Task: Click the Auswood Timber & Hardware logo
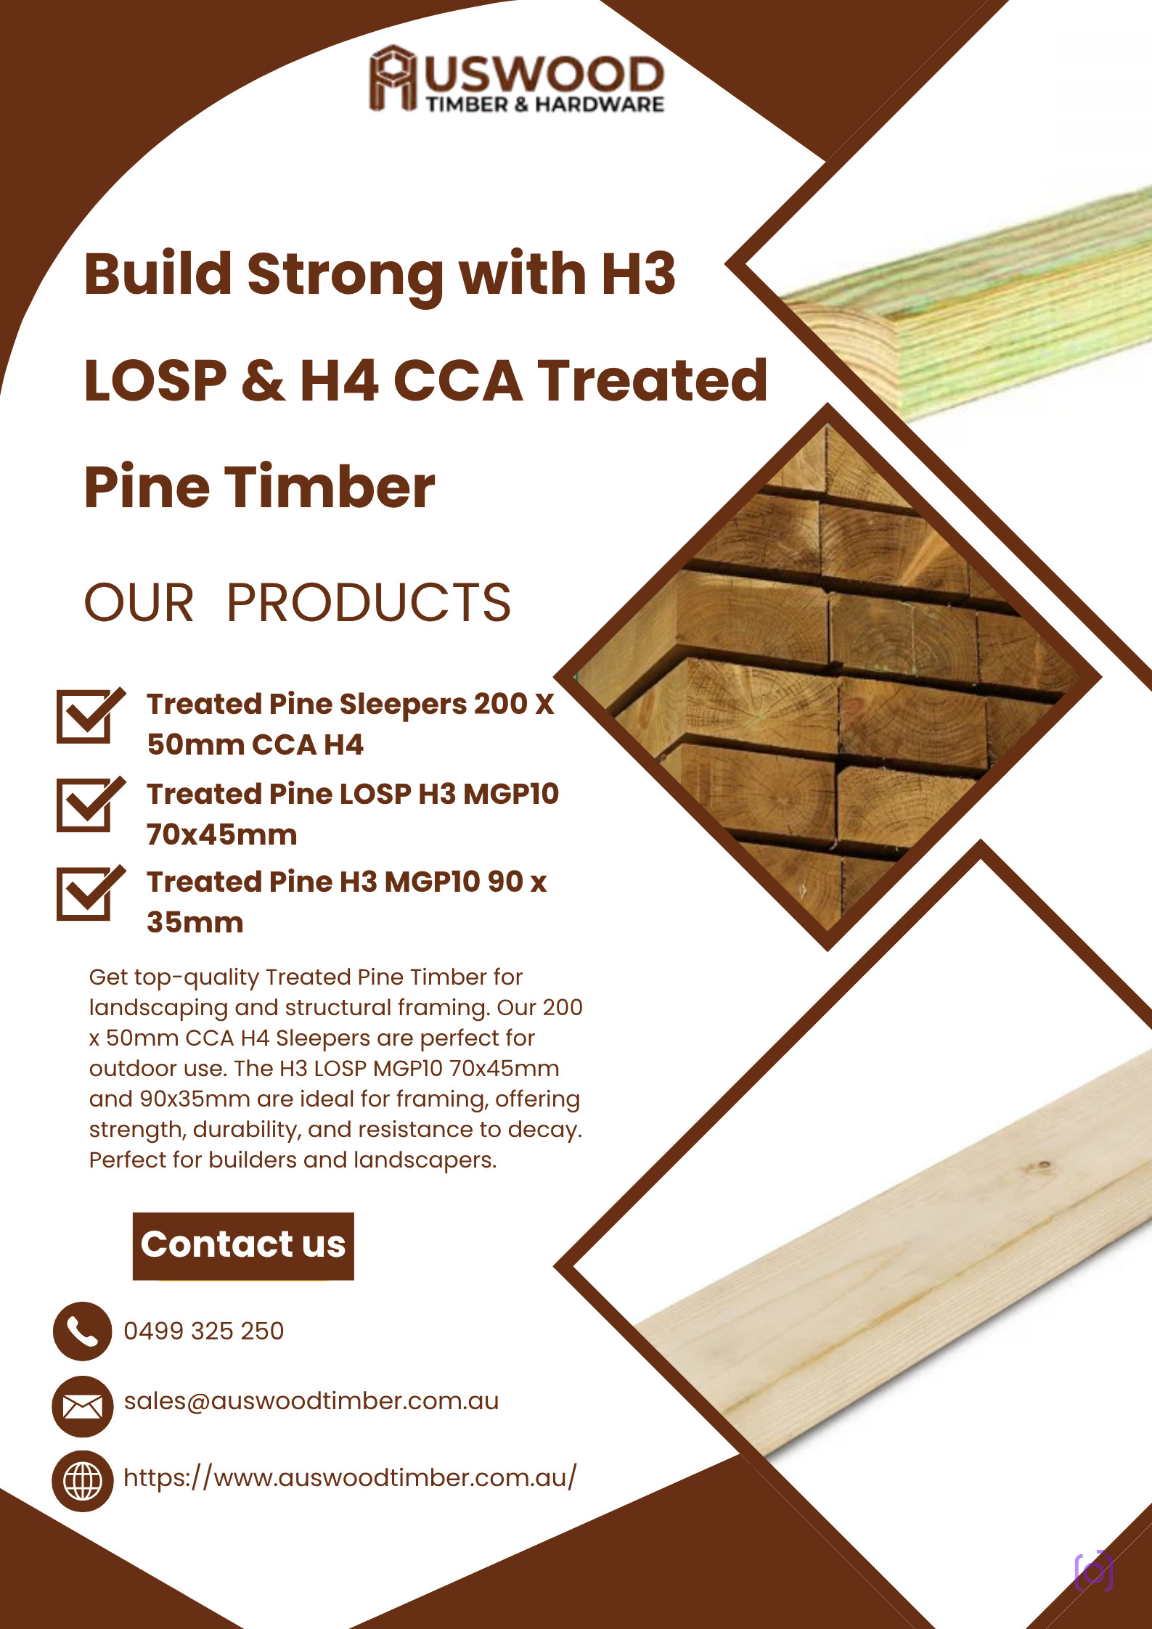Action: [516, 79]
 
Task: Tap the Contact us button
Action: [243, 1246]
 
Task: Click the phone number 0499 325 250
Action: [204, 1331]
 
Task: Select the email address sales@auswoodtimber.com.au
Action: [311, 1401]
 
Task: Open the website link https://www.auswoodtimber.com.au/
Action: [350, 1477]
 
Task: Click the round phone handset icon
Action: [83, 1331]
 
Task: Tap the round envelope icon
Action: [83, 1406]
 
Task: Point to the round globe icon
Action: [83, 1481]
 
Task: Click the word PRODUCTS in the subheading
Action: [369, 603]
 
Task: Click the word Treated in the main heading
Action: [652, 380]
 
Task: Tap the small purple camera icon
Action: [1093, 1572]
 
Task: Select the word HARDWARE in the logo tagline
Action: [600, 104]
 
